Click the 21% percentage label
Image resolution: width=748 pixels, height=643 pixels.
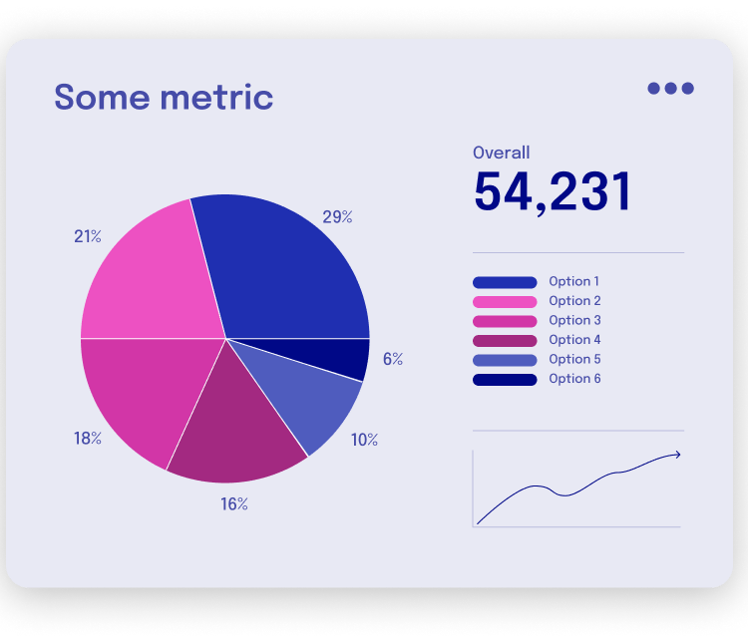tap(88, 236)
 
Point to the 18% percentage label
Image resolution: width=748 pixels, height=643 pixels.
tap(88, 439)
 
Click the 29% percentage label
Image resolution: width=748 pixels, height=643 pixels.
tap(337, 216)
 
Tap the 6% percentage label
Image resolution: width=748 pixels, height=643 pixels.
tap(392, 359)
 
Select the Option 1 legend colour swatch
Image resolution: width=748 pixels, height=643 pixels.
tap(505, 282)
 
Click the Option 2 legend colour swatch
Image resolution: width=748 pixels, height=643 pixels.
tap(505, 301)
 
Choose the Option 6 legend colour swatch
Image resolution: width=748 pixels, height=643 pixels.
tap(505, 379)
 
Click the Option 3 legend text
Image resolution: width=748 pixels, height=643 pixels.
tap(574, 320)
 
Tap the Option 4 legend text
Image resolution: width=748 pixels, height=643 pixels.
tap(574, 340)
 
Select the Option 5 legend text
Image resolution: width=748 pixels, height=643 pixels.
tap(574, 359)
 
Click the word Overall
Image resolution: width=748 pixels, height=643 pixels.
tap(501, 153)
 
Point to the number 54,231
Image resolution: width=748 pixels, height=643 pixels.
tap(553, 191)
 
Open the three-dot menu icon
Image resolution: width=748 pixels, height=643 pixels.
tap(670, 88)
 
